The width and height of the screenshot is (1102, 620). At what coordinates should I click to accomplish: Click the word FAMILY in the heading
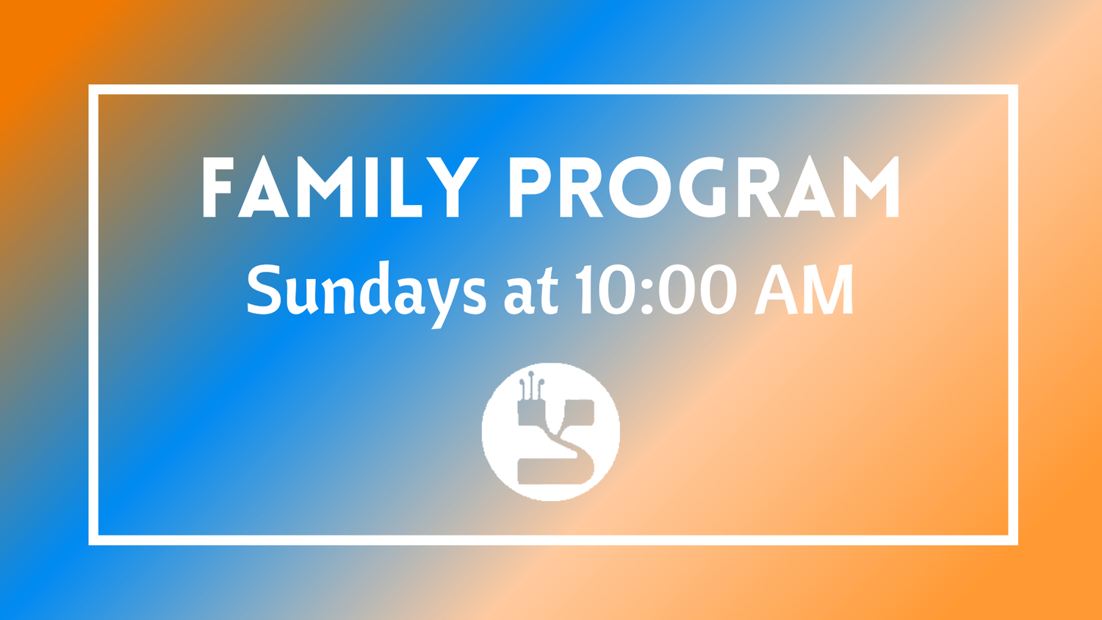click(x=339, y=187)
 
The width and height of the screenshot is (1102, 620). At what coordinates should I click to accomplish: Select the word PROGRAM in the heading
click(x=704, y=187)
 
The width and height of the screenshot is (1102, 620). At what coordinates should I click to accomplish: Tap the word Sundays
click(x=366, y=290)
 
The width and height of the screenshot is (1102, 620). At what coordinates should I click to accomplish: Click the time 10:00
click(x=655, y=289)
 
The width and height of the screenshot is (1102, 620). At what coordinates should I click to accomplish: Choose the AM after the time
click(x=804, y=289)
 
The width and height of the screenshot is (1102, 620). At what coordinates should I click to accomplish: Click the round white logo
click(x=551, y=431)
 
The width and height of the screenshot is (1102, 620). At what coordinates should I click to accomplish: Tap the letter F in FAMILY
click(x=217, y=187)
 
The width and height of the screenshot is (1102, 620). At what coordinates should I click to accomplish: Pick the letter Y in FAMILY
click(x=453, y=187)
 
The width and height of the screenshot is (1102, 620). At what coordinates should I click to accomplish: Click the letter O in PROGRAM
click(x=640, y=187)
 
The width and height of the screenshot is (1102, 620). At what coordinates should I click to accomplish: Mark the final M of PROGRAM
click(x=871, y=187)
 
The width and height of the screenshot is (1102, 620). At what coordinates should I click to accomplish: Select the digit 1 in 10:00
click(x=586, y=289)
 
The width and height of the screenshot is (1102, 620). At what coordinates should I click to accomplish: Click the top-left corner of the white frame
click(x=93, y=90)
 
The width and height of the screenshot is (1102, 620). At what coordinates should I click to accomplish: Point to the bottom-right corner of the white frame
click(x=1013, y=540)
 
